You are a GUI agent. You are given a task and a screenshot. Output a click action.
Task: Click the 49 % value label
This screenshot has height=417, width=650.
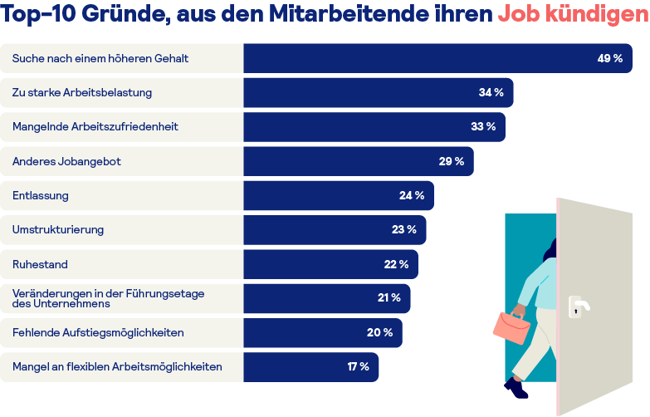tap(609, 59)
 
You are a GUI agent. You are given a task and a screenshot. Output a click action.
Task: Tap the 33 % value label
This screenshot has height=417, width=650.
tap(483, 127)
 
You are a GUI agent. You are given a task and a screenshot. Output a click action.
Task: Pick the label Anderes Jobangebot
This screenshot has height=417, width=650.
tap(66, 161)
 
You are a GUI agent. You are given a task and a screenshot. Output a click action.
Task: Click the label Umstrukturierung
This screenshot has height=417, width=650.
tap(58, 229)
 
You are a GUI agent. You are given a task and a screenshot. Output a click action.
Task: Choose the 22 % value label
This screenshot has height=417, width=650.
tap(396, 264)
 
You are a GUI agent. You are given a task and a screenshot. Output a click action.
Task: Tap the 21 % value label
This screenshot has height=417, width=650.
tap(389, 297)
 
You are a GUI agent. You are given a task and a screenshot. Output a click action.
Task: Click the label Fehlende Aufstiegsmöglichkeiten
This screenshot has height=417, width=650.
tap(98, 332)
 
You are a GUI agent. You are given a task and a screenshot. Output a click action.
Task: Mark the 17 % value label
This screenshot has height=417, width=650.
tap(358, 366)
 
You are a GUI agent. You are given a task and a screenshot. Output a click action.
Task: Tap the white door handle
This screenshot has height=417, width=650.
tap(578, 306)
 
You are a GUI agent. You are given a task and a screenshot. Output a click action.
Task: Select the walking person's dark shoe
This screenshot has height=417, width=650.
tap(516, 387)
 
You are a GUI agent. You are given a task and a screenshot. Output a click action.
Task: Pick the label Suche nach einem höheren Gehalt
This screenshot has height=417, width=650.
tap(100, 59)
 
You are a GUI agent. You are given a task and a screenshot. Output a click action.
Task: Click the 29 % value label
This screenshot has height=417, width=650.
tap(452, 161)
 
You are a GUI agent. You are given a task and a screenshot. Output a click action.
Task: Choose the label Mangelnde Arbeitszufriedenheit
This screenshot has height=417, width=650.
tap(95, 127)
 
